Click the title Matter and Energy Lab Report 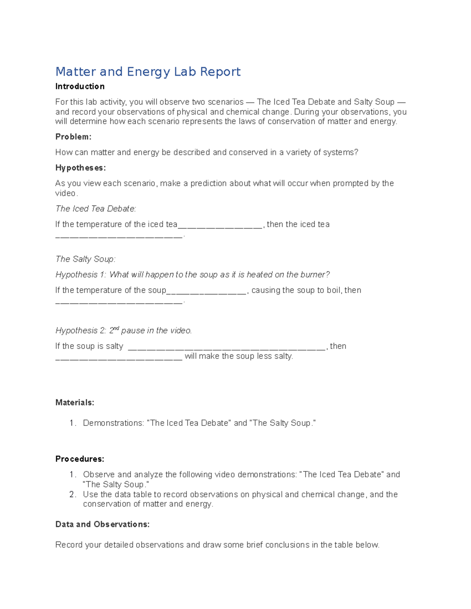tap(148, 72)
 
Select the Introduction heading tap(80, 86)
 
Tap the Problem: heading tap(73, 137)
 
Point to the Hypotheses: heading tap(80, 168)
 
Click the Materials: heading tap(75, 402)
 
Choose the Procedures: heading tap(80, 459)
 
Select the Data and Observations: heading tap(102, 524)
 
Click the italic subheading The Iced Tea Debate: tap(96, 209)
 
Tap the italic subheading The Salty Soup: tap(86, 259)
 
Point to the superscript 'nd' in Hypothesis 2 tap(116, 328)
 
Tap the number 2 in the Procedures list tap(72, 494)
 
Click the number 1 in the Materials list tap(72, 423)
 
